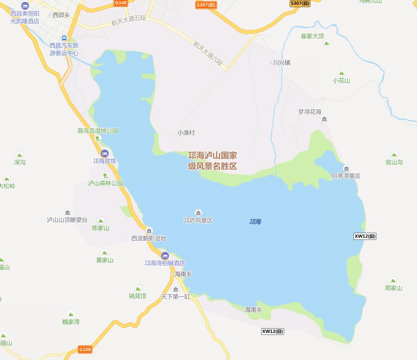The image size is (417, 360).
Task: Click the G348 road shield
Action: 121,3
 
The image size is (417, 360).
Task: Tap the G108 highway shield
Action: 84,349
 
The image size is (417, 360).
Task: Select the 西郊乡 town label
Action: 61,15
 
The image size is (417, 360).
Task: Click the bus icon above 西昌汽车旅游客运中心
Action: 64,38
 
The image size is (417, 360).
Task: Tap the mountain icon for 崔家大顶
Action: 327,43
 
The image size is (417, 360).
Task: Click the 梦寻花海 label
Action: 309,111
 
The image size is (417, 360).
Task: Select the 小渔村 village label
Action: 186,133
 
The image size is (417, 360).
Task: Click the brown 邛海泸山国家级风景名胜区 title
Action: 212,161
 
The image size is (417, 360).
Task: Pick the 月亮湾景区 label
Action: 346,176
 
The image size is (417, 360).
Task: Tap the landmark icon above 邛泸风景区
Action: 198,213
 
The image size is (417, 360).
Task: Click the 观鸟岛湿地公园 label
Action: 97,131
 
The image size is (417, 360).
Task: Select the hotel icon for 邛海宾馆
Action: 104,153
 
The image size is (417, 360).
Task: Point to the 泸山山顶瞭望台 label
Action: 67,220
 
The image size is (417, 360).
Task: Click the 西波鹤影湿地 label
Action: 149,238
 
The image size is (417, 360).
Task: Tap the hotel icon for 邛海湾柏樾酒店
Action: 165,255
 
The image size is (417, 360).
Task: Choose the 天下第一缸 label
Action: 175,296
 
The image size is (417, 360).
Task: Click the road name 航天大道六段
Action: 208,53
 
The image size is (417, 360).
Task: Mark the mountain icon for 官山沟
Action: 394,154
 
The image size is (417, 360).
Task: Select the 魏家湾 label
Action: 71,322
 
